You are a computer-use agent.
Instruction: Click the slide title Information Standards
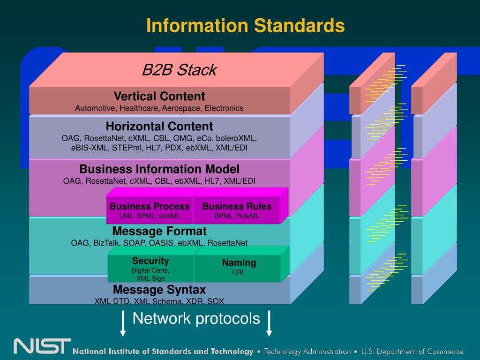pyautogui.click(x=245, y=25)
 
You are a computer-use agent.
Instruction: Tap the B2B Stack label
pyautogui.click(x=179, y=70)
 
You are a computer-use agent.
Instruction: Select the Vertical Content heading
pyautogui.click(x=159, y=97)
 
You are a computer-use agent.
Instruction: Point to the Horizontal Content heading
pyautogui.click(x=159, y=127)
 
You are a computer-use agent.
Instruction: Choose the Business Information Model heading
pyautogui.click(x=159, y=169)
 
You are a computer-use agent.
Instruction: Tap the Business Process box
pyautogui.click(x=150, y=210)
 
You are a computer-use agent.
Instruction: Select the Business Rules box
pyautogui.click(x=237, y=210)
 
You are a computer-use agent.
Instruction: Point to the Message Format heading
pyautogui.click(x=159, y=232)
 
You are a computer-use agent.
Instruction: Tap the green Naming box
pyautogui.click(x=239, y=266)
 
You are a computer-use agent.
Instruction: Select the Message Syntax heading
pyautogui.click(x=159, y=289)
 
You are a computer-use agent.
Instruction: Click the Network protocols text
pyautogui.click(x=196, y=319)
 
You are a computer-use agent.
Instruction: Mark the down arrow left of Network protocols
pyautogui.click(x=123, y=323)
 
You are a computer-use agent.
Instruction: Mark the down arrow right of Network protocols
pyautogui.click(x=269, y=323)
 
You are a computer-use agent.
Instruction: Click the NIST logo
pyautogui.click(x=42, y=346)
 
